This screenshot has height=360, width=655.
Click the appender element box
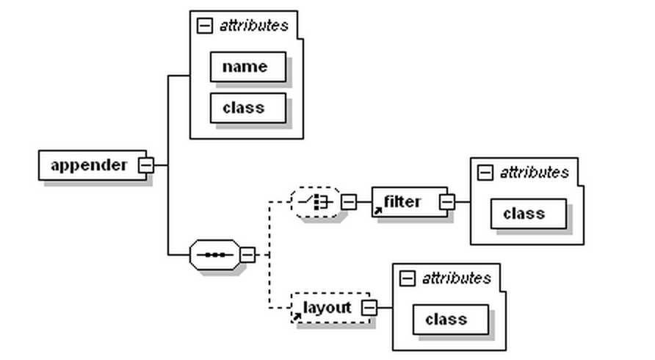[88, 165]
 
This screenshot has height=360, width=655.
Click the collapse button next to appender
[146, 165]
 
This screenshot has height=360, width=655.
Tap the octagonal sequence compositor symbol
[214, 255]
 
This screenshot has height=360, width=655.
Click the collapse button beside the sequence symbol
[248, 255]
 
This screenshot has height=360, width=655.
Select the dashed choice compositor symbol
[315, 202]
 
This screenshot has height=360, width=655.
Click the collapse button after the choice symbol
[349, 202]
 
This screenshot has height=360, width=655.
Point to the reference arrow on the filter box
[378, 211]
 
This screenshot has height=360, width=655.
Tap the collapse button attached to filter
[447, 202]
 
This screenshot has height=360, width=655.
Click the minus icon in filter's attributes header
[485, 173]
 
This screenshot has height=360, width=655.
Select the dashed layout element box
[328, 308]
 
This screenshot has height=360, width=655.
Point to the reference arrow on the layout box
[297, 317]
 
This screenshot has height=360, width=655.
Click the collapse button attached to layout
[369, 308]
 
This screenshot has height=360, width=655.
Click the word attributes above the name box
[254, 26]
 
